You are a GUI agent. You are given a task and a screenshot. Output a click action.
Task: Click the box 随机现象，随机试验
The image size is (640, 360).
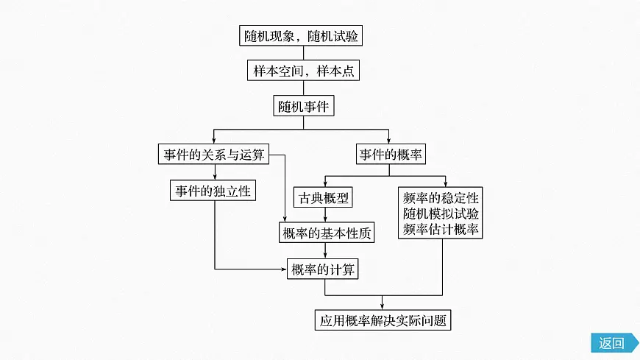point(302,35)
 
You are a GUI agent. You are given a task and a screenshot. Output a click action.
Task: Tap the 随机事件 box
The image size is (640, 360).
point(304,106)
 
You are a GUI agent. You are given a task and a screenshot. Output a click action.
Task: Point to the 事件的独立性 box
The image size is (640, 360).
point(213,191)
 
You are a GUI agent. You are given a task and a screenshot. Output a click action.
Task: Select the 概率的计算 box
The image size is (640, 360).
point(324,270)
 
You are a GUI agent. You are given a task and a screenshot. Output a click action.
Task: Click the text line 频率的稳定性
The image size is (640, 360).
point(441,198)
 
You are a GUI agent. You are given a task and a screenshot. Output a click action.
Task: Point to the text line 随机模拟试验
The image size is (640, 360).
point(441,213)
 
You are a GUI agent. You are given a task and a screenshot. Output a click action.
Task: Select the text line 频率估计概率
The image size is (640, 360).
point(441,230)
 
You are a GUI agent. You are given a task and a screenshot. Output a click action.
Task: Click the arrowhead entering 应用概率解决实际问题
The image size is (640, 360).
point(383,307)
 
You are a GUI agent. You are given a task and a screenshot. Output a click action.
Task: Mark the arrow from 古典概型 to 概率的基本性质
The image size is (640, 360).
point(324,215)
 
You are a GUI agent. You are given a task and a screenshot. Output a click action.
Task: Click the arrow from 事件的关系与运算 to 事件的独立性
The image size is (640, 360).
point(214,172)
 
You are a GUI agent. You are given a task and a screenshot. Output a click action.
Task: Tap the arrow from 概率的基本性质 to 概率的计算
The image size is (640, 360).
point(324,252)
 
